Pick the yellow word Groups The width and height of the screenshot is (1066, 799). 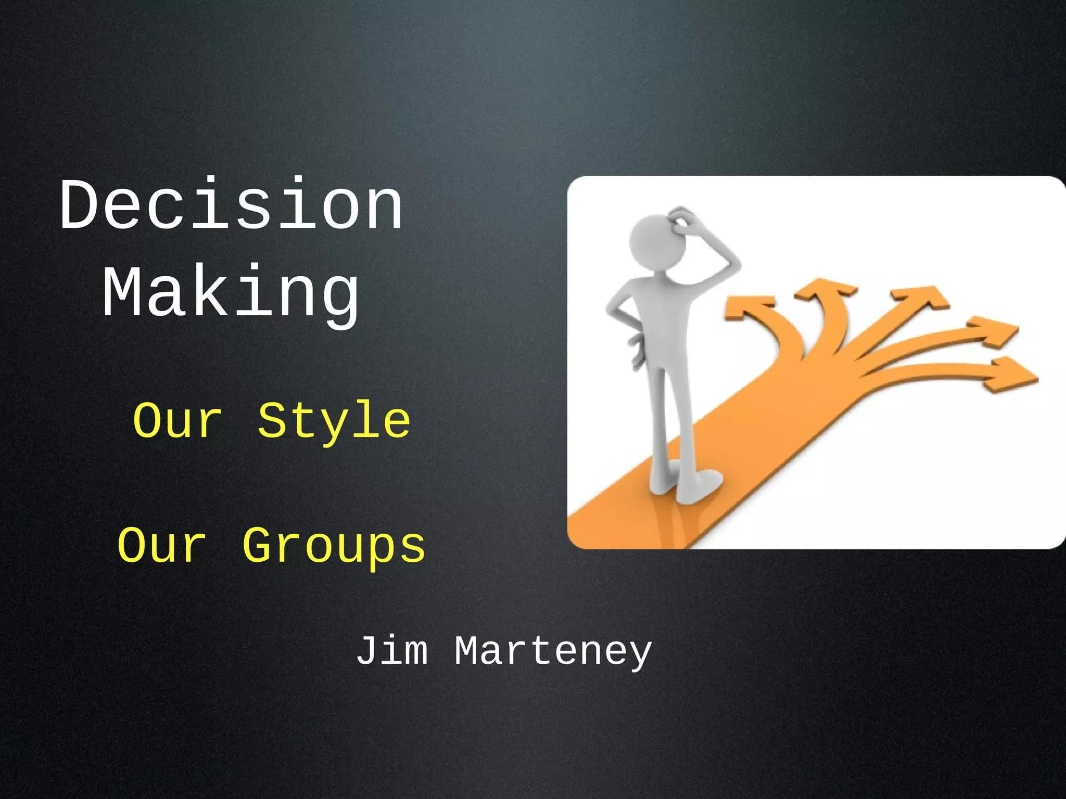point(334,546)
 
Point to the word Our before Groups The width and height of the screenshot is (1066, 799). point(161,546)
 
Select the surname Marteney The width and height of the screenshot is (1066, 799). point(553,651)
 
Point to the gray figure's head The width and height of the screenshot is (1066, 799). point(655,242)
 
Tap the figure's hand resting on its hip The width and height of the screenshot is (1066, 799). point(636,349)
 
